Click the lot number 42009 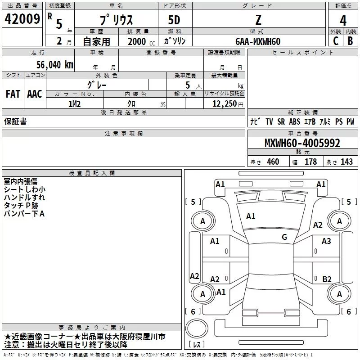point(22,20)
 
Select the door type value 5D point(174,20)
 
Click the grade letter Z point(258,20)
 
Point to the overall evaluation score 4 point(343,21)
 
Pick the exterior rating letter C point(336,41)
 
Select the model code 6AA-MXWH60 point(258,41)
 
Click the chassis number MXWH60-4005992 point(302,144)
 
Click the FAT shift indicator point(13,94)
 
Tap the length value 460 point(273,162)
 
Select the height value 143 point(346,162)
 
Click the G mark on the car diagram point(284,237)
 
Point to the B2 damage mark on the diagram point(327,279)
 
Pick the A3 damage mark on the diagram point(326,241)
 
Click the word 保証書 point(15,121)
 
